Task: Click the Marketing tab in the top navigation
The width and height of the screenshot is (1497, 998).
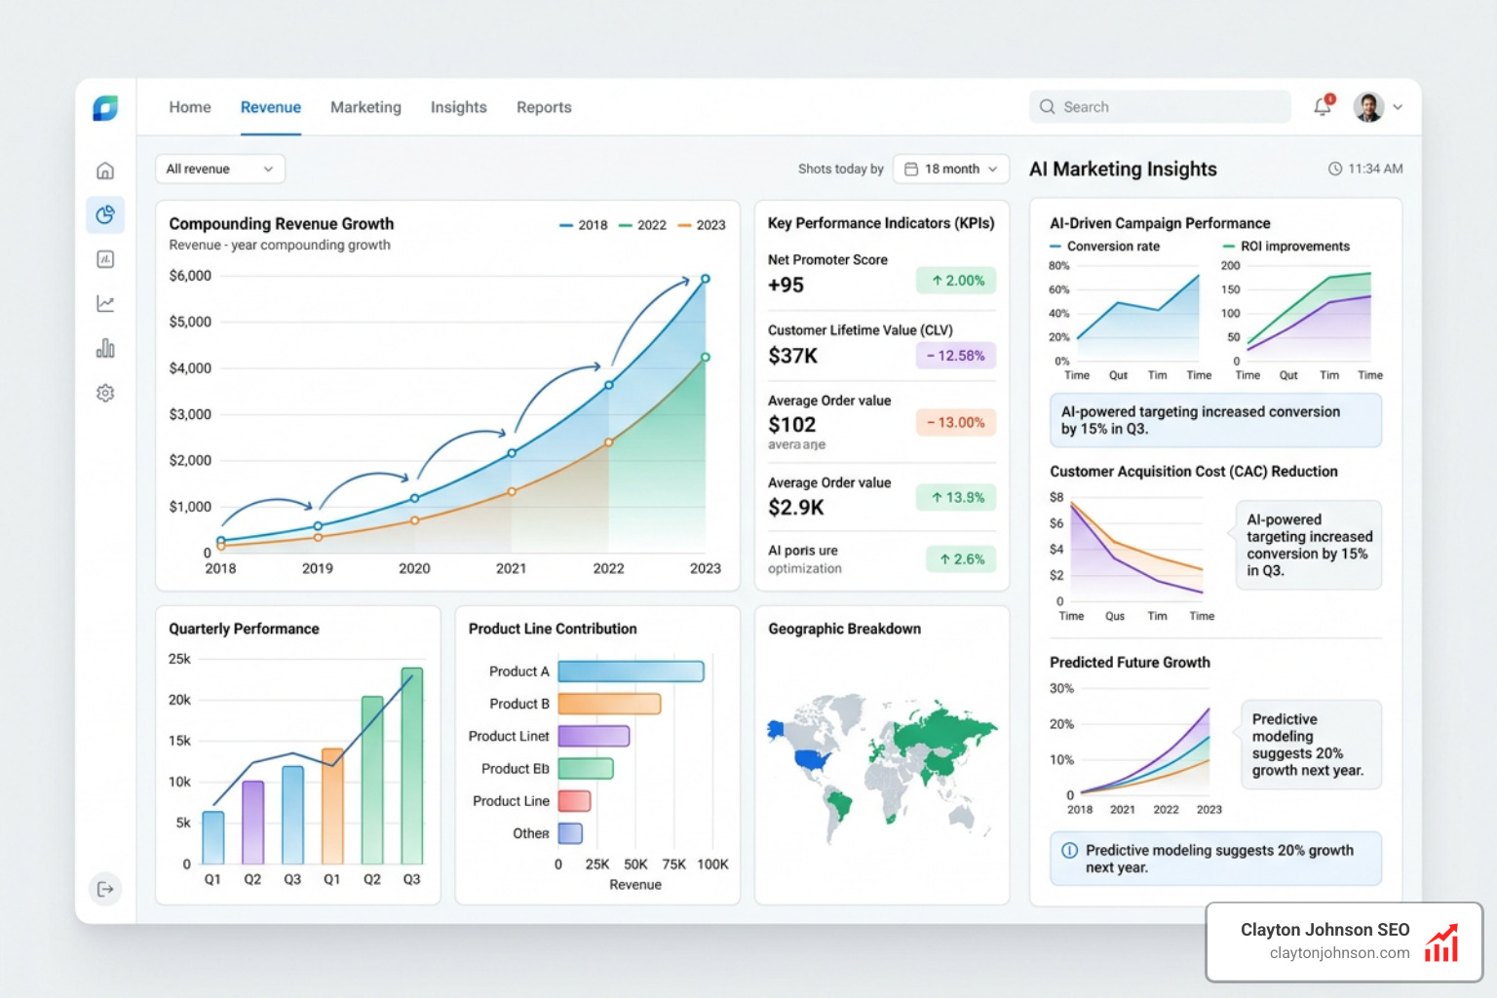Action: tap(365, 107)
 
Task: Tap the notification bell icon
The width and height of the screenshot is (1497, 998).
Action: tap(1323, 106)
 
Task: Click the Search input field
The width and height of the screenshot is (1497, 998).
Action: tap(1160, 107)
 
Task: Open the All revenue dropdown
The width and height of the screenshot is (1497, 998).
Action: tap(219, 169)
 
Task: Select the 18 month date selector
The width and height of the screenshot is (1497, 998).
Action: tap(950, 169)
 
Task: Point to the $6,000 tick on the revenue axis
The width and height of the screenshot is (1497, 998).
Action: tap(190, 276)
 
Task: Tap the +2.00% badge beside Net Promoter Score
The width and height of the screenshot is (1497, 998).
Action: tap(956, 281)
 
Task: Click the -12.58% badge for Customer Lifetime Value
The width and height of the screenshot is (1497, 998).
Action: tap(956, 356)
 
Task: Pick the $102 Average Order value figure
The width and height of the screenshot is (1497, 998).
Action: tap(792, 424)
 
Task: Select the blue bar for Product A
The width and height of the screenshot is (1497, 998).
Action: tap(631, 672)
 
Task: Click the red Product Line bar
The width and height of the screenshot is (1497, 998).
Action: tap(574, 801)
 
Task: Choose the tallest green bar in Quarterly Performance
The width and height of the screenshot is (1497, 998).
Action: tap(412, 765)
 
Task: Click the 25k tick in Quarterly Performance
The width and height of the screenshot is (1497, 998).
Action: tap(179, 659)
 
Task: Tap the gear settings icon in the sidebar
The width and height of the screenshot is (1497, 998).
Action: tap(105, 393)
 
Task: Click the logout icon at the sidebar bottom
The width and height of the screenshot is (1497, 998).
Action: tap(105, 889)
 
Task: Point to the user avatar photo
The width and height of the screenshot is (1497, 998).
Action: tap(1368, 107)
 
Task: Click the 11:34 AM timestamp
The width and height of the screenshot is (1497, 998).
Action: tap(1374, 169)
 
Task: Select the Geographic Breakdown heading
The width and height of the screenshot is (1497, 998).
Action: tap(844, 629)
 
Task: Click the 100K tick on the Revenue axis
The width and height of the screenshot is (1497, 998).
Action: tap(712, 864)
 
